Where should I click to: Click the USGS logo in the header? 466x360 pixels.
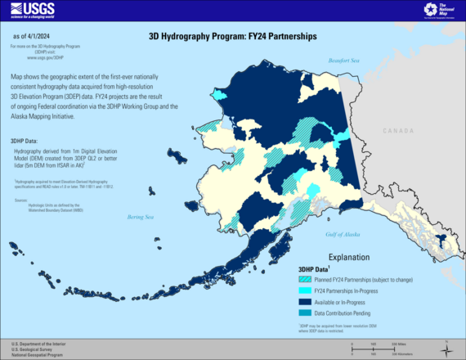(x=30, y=11)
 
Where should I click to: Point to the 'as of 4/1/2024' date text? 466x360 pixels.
(x=34, y=38)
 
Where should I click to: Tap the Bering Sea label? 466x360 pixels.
(x=140, y=216)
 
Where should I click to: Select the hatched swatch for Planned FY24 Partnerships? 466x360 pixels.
(x=304, y=279)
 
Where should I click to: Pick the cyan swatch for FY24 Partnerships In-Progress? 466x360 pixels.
(x=304, y=290)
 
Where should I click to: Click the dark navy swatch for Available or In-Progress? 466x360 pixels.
(x=304, y=300)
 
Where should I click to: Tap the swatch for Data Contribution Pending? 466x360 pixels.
(x=304, y=311)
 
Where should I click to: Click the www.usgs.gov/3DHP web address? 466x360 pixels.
(x=33, y=57)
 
